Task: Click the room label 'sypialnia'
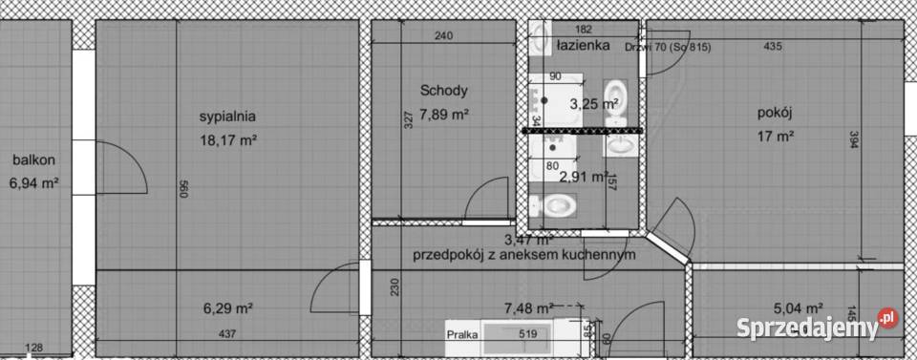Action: (226, 117)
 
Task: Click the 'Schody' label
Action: (443, 92)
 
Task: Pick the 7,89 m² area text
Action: (444, 115)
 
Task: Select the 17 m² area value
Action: (776, 136)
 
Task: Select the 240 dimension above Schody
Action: (442, 36)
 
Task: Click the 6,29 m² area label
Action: (227, 308)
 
